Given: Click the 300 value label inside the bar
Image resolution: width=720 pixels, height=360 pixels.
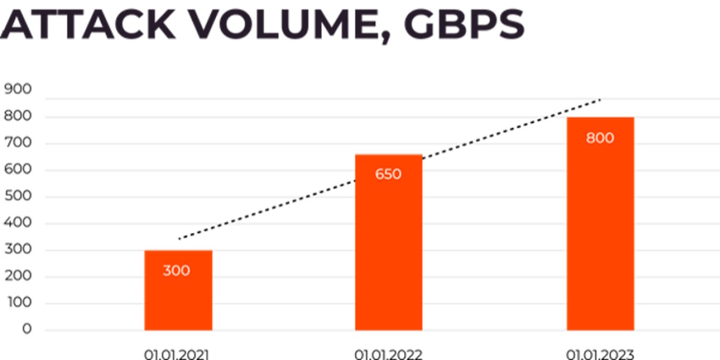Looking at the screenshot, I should click(x=177, y=271).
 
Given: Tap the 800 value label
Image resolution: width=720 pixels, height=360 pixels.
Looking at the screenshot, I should click(x=600, y=137).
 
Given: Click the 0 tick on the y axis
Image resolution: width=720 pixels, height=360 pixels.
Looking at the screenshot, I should click(x=27, y=330).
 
